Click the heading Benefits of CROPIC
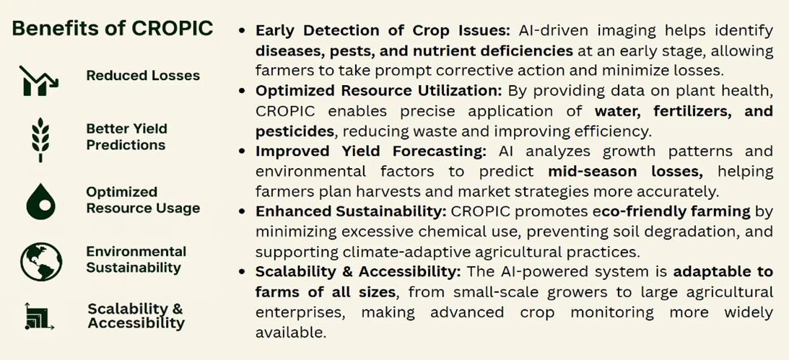coord(112,28)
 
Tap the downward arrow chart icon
coord(39,81)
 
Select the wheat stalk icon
coord(40,139)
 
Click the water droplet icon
coord(40,201)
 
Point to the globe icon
coord(41,261)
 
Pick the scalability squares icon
coord(39,316)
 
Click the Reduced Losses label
coord(143,76)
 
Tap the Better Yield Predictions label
coord(126,137)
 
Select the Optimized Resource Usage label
coord(143,200)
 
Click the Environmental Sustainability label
coord(136,260)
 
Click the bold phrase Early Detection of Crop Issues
coord(383,30)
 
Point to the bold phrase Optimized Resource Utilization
coord(379,90)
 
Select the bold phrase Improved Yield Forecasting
coord(371,151)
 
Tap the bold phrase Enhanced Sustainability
coord(351,211)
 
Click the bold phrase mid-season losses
coord(625,171)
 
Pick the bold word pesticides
coord(295,131)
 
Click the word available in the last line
coord(291,332)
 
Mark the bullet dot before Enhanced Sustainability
coord(243,211)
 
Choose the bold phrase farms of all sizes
coord(325,291)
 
